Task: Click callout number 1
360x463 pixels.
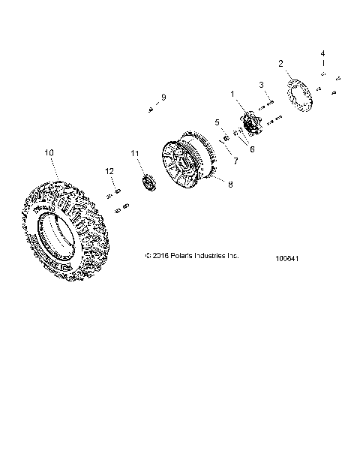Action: pyautogui.click(x=232, y=95)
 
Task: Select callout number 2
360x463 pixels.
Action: pyautogui.click(x=281, y=64)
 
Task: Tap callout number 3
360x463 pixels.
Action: pyautogui.click(x=261, y=85)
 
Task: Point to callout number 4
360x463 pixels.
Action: pyautogui.click(x=323, y=54)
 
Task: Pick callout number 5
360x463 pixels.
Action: pyautogui.click(x=217, y=122)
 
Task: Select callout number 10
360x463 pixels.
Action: pyautogui.click(x=49, y=153)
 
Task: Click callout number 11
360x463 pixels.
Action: pyautogui.click(x=136, y=154)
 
